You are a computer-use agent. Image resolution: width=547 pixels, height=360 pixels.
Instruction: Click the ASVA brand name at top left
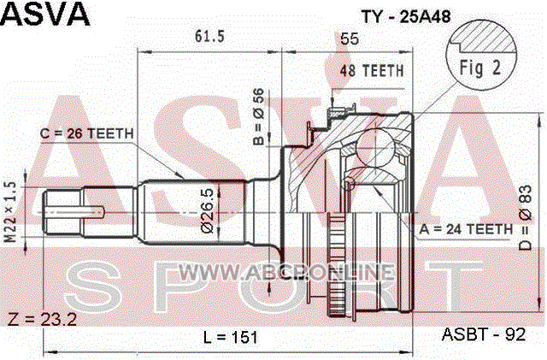pyautogui.click(x=45, y=14)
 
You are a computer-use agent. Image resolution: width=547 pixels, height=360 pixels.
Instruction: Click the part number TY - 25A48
pyautogui.click(x=406, y=16)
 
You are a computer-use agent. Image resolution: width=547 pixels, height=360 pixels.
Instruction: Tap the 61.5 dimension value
pyautogui.click(x=209, y=36)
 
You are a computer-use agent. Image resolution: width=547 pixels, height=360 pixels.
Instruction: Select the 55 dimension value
pyautogui.click(x=350, y=38)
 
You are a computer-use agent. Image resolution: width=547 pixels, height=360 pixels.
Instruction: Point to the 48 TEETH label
pyautogui.click(x=372, y=71)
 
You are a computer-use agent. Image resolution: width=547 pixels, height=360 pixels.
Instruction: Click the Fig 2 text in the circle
pyautogui.click(x=480, y=68)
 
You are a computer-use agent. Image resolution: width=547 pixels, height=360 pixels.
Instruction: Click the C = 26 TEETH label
pyautogui.click(x=87, y=133)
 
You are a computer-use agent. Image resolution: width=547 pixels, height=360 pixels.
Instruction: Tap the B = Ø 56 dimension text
pyautogui.click(x=258, y=116)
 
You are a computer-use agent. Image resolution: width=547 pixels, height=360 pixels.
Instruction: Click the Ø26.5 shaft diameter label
pyautogui.click(x=207, y=211)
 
